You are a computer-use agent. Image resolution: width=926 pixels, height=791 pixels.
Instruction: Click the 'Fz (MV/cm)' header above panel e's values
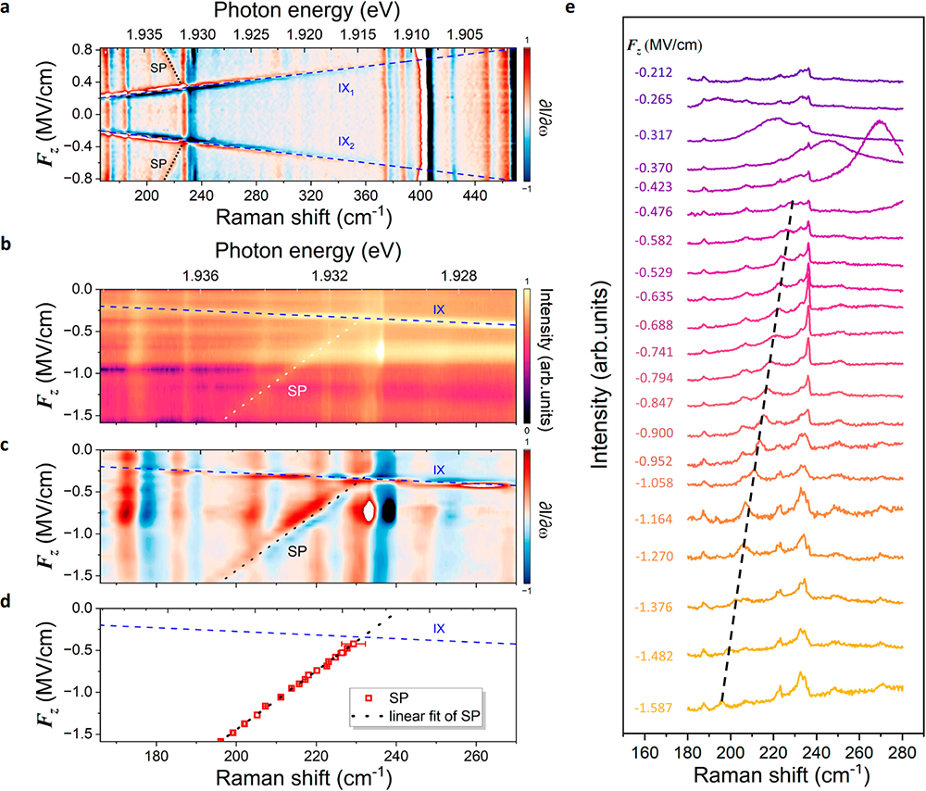(654, 43)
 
